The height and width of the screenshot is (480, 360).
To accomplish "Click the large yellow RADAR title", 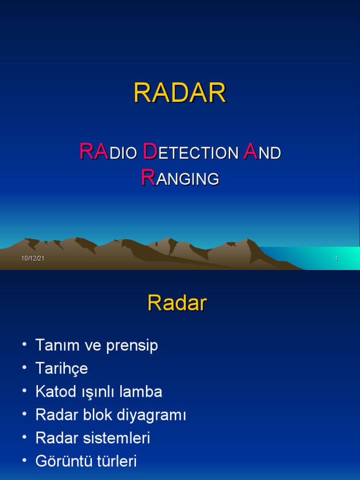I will (180, 93).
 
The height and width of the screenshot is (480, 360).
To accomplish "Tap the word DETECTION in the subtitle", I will (190, 152).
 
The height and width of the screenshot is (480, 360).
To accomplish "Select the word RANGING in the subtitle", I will (180, 179).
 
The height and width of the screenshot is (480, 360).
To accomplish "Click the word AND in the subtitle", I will (262, 152).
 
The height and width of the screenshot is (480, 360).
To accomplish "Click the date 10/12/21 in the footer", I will (33, 259).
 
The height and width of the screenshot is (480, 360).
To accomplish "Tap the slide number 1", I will (336, 259).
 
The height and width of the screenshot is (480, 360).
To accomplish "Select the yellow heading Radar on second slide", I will (177, 304).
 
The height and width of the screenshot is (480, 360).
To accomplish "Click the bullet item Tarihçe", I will (61, 369).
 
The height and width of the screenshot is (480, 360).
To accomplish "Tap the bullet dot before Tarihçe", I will (24, 368).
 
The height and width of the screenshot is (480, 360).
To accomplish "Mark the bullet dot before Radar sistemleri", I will (24, 438).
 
